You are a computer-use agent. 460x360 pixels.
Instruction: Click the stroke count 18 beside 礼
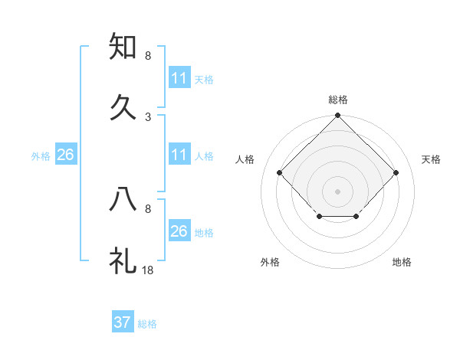pos(148,270)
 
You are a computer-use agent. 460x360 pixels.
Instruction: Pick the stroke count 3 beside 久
pos(148,116)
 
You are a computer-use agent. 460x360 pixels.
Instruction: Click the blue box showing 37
pos(123,322)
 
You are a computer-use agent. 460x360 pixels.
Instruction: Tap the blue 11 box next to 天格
pos(179,78)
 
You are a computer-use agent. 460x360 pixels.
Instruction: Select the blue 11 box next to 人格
pos(179,155)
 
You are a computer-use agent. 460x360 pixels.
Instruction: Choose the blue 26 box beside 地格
pos(179,231)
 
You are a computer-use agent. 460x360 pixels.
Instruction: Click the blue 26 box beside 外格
pos(66,155)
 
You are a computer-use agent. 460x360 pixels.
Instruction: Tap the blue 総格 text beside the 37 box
pos(148,324)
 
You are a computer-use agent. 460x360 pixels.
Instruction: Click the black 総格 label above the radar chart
pos(338,100)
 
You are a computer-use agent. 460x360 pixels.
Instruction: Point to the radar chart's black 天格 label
pos(432,159)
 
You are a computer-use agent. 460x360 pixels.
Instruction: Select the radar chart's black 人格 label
pos(245,159)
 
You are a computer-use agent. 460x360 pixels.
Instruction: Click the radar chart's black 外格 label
pos(270,262)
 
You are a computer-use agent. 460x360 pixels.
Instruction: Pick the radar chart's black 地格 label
pos(402,262)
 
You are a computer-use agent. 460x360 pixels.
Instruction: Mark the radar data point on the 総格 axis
pos(337,116)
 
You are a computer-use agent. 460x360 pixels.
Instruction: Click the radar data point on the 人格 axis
pos(280,173)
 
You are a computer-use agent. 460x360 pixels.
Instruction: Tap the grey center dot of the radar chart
pos(337,191)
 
